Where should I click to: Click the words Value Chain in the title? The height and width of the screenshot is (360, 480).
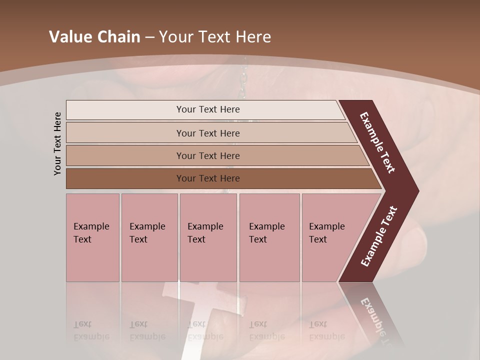click(x=94, y=37)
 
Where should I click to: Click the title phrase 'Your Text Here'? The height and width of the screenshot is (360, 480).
click(x=215, y=37)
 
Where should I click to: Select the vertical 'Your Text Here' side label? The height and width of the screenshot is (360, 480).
click(x=57, y=143)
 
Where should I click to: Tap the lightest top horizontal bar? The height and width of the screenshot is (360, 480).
click(x=205, y=109)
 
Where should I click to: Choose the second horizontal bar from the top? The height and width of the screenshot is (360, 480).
click(x=207, y=133)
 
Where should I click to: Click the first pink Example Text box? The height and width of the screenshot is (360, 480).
click(x=92, y=237)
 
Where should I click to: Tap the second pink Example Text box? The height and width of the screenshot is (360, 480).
click(x=149, y=237)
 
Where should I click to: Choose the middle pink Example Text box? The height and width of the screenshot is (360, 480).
click(x=208, y=237)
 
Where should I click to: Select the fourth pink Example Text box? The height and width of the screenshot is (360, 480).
click(x=269, y=237)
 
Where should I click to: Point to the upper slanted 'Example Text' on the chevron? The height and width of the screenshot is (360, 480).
click(x=377, y=142)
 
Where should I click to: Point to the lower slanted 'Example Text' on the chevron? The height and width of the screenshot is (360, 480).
click(x=379, y=236)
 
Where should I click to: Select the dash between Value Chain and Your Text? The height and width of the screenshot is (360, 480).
click(x=149, y=37)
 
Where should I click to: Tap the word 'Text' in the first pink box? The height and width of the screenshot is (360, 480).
click(x=82, y=239)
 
